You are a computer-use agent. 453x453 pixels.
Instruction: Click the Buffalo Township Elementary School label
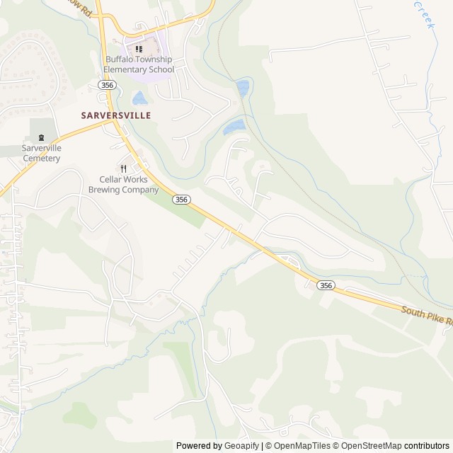(139, 64)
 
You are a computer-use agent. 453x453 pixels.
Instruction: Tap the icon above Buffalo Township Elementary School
(139, 49)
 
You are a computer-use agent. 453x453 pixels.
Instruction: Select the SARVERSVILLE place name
(115, 115)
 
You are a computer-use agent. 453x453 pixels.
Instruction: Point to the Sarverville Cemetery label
(41, 153)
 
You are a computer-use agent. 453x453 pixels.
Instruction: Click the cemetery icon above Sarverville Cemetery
(41, 138)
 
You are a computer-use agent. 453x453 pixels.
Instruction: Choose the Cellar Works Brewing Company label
(123, 185)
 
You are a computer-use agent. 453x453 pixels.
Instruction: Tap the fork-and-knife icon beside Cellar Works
(123, 168)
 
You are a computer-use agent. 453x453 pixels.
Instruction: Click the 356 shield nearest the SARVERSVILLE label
(107, 85)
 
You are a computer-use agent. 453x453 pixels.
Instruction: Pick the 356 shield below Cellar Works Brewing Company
(182, 200)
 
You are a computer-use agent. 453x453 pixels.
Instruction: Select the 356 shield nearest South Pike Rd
(325, 285)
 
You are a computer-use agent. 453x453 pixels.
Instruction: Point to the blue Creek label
(423, 14)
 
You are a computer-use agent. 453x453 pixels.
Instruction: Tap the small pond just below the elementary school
(139, 98)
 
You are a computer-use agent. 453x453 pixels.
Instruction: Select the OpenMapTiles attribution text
(302, 446)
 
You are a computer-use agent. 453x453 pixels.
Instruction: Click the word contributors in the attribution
(428, 446)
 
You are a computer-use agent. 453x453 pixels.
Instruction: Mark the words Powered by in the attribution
(199, 446)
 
